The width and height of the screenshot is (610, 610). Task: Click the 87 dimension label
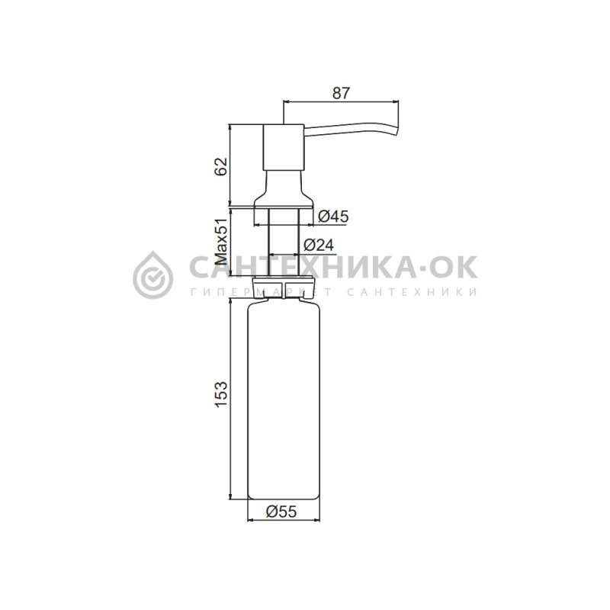click(x=341, y=93)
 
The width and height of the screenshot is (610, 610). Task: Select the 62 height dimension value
click(x=221, y=166)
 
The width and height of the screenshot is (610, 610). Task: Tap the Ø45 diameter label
click(x=333, y=217)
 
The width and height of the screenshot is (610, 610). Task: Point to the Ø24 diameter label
click(x=319, y=245)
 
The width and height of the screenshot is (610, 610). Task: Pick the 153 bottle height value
click(x=221, y=394)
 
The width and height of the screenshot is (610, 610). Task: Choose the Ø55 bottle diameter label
click(x=281, y=511)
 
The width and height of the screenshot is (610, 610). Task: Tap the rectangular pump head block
click(x=284, y=147)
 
